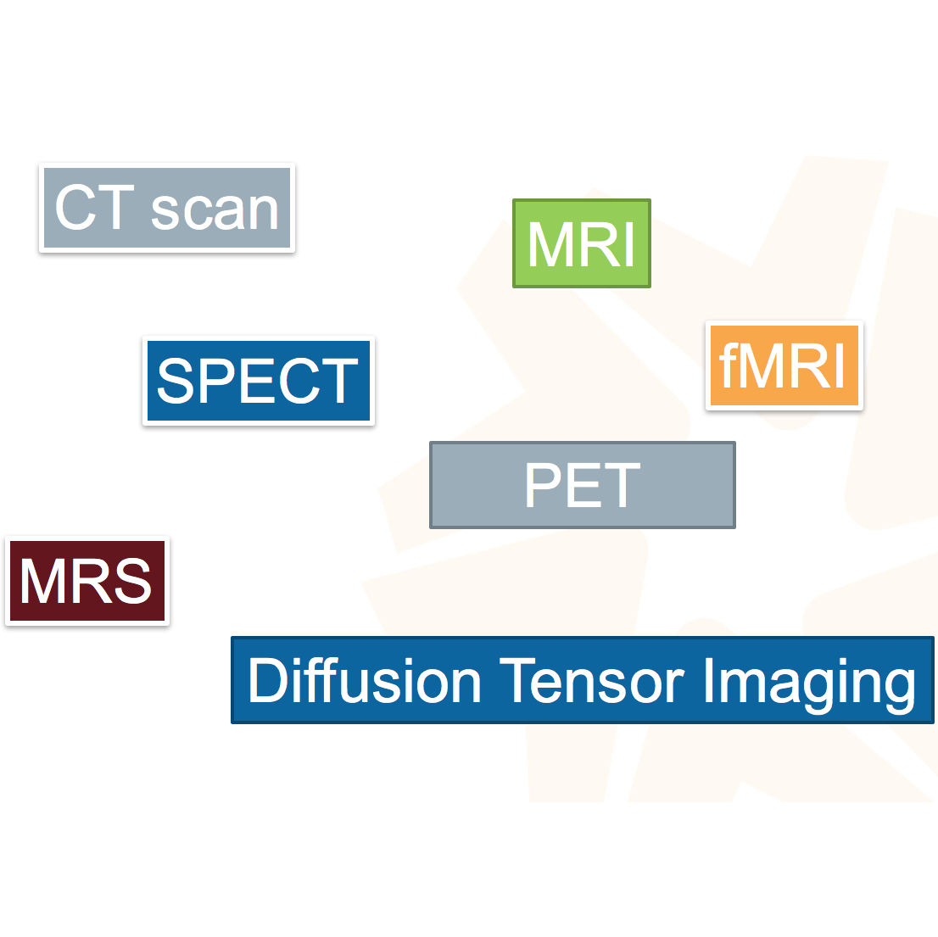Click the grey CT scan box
pos(167,208)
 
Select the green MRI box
pos(582,243)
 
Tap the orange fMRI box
pos(784,365)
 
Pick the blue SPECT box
pos(259,381)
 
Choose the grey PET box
pos(583,485)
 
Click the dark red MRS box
pos(87,582)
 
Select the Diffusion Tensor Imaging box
pos(583,680)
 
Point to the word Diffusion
pos(365,680)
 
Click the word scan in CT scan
pos(215,209)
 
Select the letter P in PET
pos(544,485)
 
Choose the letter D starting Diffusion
pos(265,680)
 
